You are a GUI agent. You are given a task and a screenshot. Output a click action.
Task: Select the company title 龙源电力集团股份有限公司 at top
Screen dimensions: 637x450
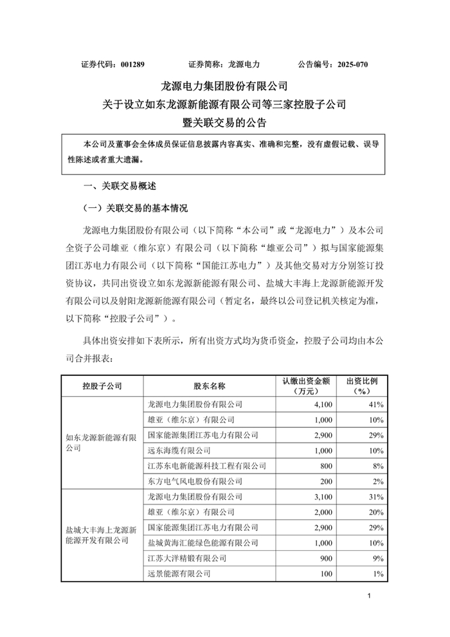[x=224, y=86]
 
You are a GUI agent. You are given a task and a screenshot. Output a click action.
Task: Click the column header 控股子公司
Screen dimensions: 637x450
[x=101, y=386]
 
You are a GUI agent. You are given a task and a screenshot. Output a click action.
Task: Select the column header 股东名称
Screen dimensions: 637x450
[x=209, y=386]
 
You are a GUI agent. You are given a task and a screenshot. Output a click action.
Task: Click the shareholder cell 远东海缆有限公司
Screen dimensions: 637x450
[x=179, y=450]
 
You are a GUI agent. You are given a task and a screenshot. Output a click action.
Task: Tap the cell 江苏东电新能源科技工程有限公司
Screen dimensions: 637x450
[x=206, y=466]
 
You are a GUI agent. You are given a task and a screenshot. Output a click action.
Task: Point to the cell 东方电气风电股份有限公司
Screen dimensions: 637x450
[x=195, y=481]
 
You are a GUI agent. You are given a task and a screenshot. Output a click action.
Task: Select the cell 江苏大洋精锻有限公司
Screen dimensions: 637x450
[x=186, y=559]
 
